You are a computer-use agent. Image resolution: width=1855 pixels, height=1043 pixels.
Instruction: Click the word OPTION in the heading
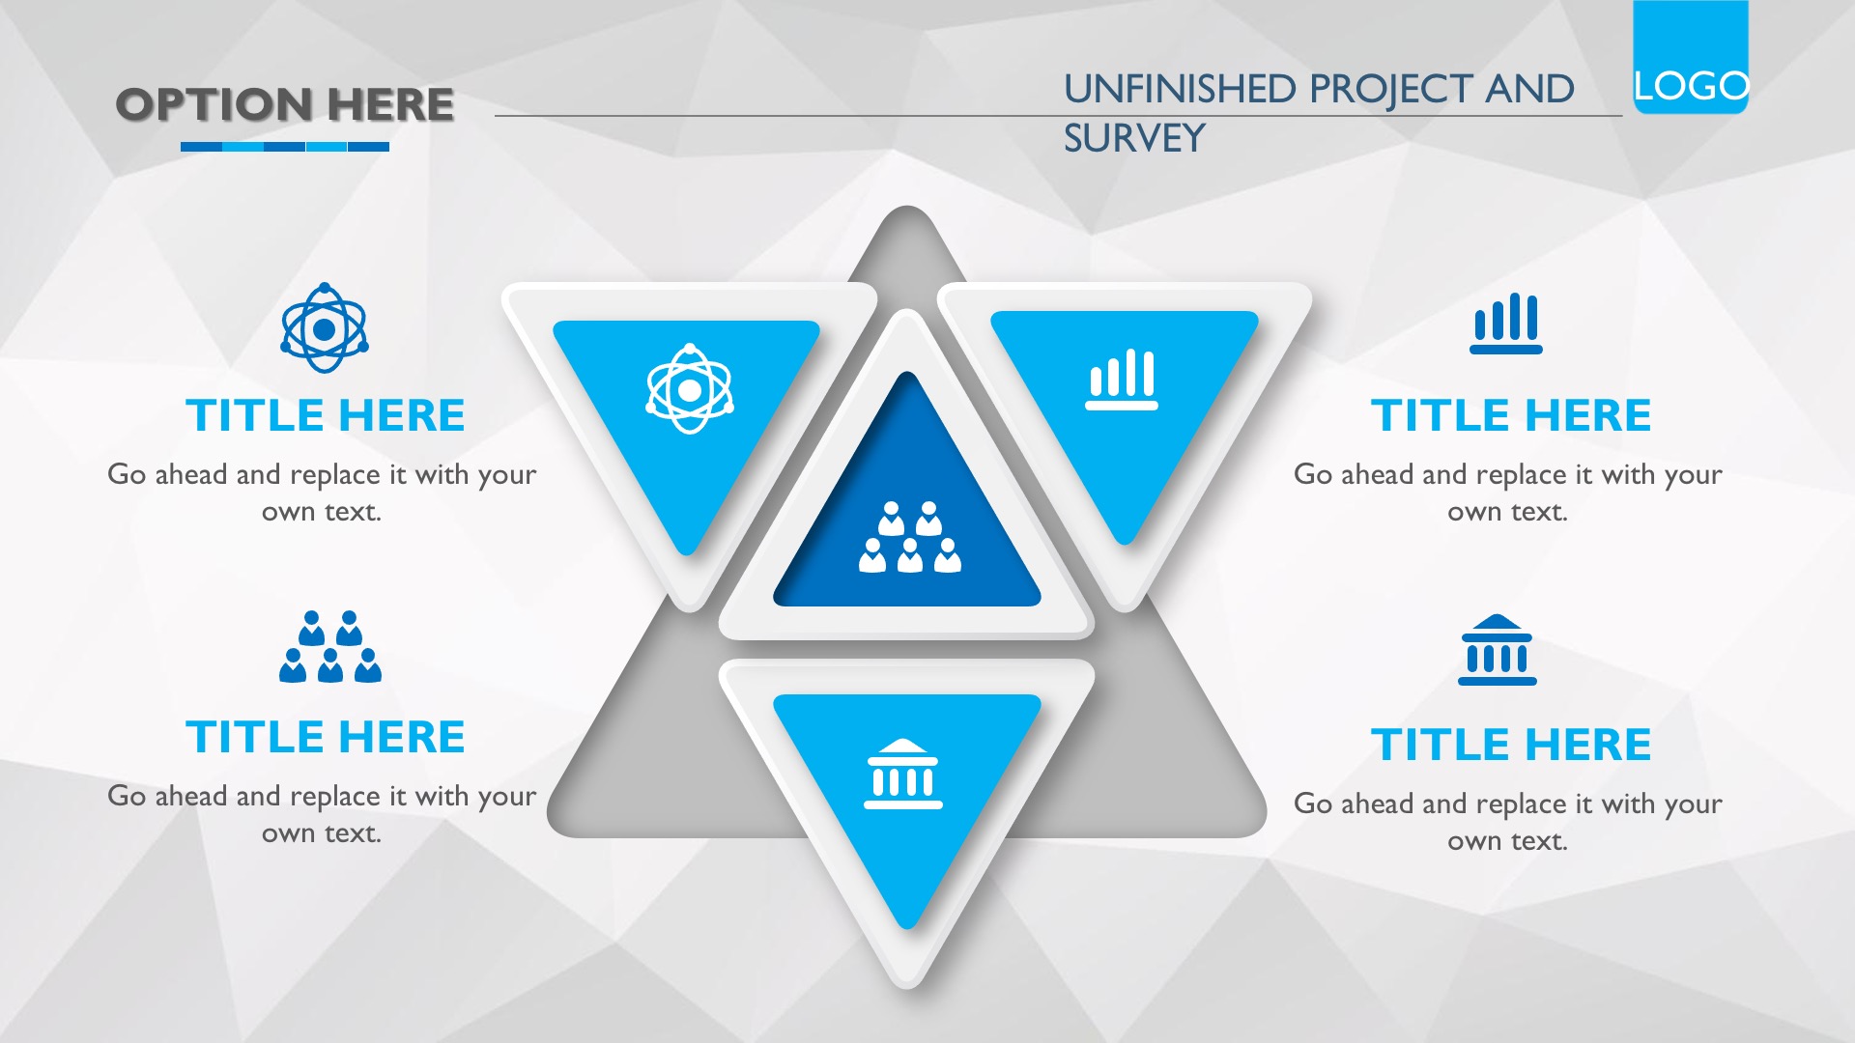click(x=214, y=104)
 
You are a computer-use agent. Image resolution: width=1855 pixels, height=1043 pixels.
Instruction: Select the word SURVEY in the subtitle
click(x=1134, y=138)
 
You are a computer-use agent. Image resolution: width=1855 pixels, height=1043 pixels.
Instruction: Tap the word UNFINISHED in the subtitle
click(x=1180, y=89)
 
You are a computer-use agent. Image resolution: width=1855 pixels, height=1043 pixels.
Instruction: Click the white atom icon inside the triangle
click(x=690, y=388)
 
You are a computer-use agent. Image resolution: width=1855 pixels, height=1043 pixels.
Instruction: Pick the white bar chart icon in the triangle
click(x=1122, y=380)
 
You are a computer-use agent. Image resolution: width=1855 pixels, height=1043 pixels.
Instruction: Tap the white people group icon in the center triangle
click(x=910, y=537)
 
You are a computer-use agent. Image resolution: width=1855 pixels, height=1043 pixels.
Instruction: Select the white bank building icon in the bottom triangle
click(x=903, y=774)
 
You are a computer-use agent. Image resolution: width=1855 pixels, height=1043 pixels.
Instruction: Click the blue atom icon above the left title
click(x=325, y=328)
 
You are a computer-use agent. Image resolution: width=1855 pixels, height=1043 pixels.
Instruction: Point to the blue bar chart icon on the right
click(x=1506, y=324)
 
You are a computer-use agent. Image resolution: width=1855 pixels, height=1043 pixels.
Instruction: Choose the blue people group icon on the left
click(x=330, y=647)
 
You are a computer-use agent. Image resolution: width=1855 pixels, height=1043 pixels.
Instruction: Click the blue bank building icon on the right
click(x=1498, y=650)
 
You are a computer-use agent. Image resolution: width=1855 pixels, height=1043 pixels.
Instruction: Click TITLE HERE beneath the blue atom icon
click(x=326, y=415)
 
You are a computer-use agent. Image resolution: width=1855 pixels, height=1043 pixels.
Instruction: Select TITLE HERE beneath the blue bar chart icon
click(x=1511, y=415)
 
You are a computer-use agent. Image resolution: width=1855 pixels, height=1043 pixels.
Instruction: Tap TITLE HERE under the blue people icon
click(x=326, y=737)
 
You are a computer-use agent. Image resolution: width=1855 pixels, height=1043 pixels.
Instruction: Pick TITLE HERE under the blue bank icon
click(x=1511, y=745)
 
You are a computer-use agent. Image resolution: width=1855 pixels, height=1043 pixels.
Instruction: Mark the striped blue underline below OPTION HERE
click(x=285, y=147)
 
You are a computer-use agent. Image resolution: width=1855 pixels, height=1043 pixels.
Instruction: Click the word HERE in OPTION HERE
click(x=390, y=104)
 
